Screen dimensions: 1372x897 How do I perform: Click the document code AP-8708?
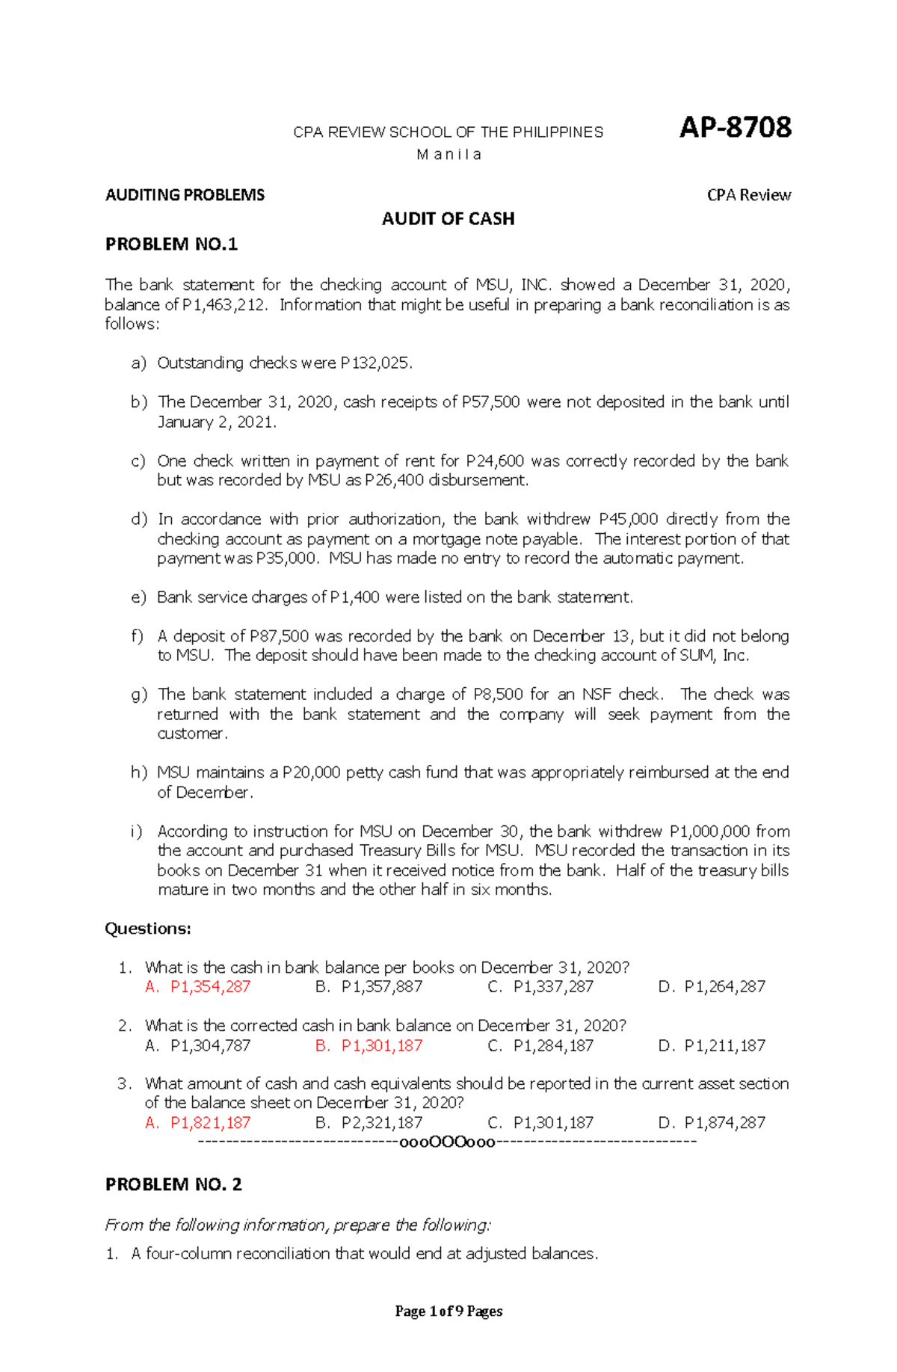coord(735,128)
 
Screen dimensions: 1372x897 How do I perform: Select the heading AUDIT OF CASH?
coord(448,219)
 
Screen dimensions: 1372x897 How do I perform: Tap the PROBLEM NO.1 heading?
coord(171,244)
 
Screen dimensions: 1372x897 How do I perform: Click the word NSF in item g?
coord(597,695)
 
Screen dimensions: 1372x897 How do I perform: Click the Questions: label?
coord(148,929)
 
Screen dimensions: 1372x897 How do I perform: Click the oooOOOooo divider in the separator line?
coord(448,1142)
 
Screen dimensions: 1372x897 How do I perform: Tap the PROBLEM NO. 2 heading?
coord(173,1184)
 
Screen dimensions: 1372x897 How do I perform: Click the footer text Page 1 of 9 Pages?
coord(449,1311)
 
